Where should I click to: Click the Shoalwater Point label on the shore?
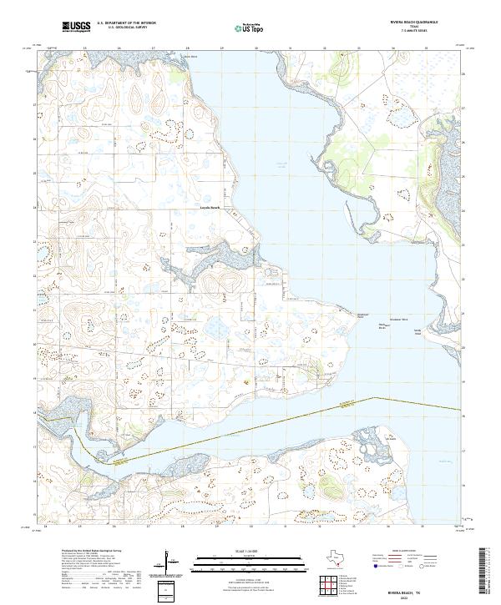click(x=362, y=316)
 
